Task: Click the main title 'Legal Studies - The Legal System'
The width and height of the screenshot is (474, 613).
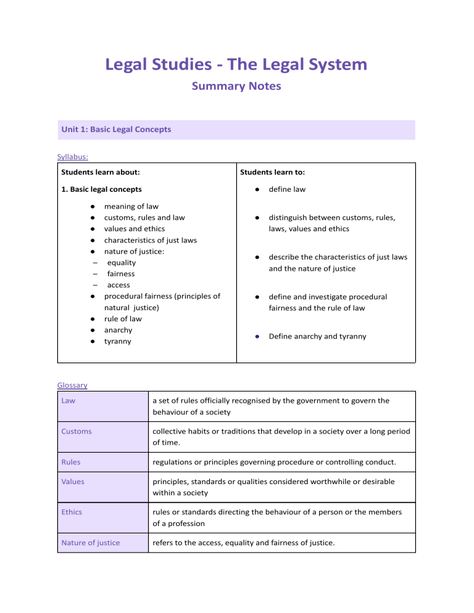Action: [x=236, y=64]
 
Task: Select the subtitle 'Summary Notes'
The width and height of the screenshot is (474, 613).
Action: [x=236, y=86]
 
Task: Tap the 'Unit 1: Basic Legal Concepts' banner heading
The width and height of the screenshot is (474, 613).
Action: [x=116, y=130]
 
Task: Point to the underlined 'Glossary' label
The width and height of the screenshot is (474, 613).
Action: [x=72, y=385]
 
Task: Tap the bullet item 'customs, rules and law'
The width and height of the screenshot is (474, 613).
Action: [x=144, y=218]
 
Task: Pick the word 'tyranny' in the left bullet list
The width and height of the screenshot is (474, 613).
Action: [x=117, y=341]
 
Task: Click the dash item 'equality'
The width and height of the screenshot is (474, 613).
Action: [x=122, y=262]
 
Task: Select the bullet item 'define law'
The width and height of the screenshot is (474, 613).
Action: [x=287, y=189]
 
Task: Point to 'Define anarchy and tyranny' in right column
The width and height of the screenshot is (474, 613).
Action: [x=317, y=336]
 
